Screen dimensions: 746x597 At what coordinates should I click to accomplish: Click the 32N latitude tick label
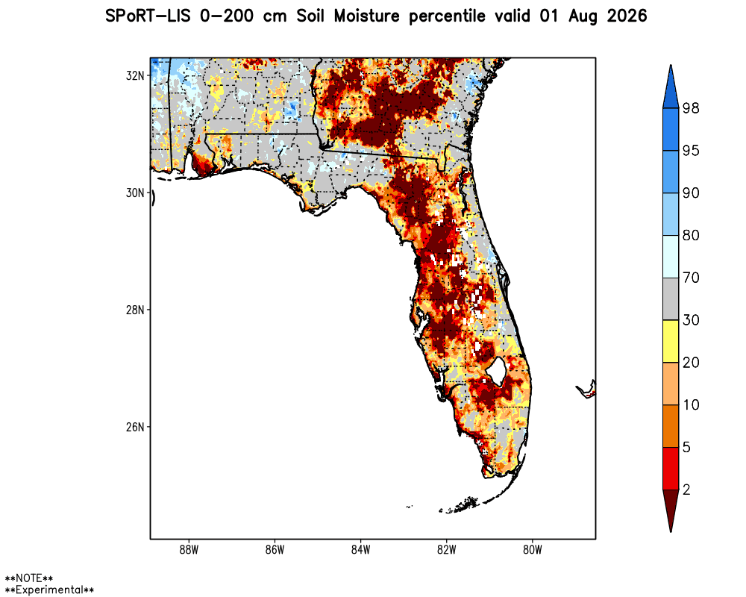(134, 75)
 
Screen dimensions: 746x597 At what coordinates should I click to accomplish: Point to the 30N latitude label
(134, 193)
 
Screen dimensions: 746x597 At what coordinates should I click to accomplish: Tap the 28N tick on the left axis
(134, 310)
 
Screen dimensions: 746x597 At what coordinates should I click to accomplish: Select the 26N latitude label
(134, 427)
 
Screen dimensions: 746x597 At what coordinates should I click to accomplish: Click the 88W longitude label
(189, 550)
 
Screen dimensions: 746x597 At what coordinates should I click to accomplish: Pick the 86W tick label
(275, 550)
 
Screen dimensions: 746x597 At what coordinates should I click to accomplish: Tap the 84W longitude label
(360, 550)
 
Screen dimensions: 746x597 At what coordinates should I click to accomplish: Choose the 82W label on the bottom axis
(447, 550)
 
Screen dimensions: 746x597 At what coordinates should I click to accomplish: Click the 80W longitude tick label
(533, 550)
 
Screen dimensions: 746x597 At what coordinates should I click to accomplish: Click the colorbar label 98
(691, 108)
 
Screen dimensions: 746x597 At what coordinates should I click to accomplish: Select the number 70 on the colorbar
(691, 278)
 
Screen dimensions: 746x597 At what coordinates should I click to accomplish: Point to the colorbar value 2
(686, 490)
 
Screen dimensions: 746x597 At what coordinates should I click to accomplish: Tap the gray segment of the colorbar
(671, 298)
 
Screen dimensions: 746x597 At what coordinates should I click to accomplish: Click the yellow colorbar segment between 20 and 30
(671, 341)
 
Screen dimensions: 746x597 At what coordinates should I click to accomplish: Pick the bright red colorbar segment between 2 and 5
(671, 469)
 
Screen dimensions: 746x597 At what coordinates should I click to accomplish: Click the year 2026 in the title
(627, 16)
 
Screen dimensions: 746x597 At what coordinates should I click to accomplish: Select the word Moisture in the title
(366, 16)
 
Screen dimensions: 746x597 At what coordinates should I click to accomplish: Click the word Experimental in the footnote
(49, 590)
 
